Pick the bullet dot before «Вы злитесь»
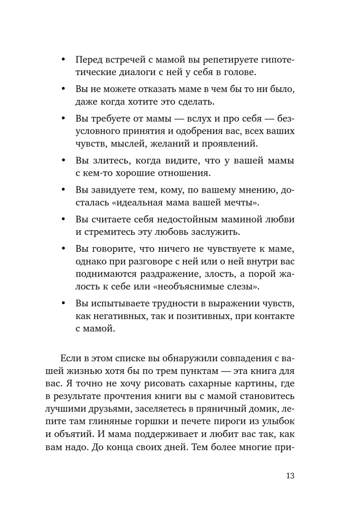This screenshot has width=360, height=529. [x=64, y=160]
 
